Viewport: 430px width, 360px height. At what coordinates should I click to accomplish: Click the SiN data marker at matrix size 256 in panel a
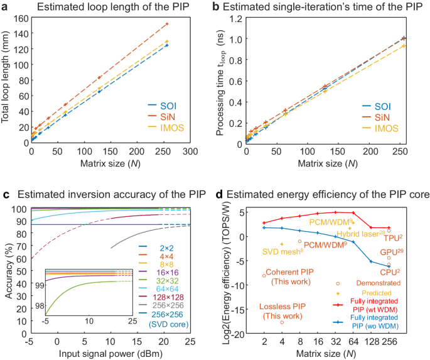coord(167,24)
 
